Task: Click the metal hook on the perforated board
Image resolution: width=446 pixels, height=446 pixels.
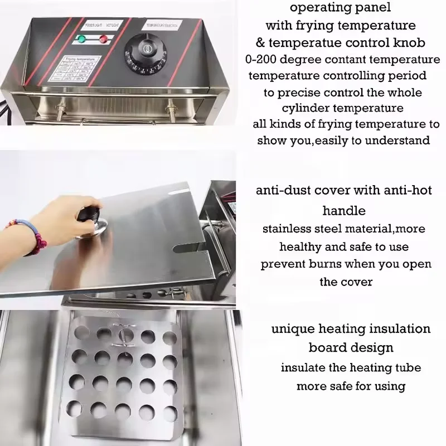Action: [122, 333]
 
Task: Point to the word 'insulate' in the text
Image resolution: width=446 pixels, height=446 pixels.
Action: [303, 367]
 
